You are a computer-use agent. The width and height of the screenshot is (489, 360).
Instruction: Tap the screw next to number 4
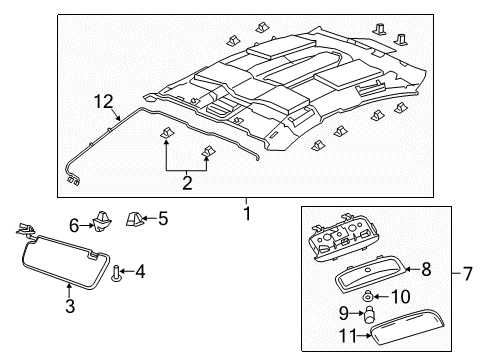[117, 271]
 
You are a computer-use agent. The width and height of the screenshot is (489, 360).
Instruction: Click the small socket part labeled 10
[370, 295]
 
